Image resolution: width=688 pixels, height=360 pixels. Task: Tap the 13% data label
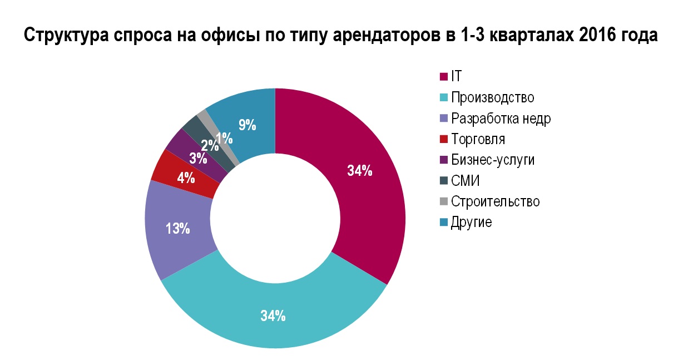click(x=179, y=228)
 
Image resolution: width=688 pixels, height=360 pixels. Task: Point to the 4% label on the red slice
click(x=186, y=179)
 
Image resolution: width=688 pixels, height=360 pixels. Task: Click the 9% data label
click(x=247, y=125)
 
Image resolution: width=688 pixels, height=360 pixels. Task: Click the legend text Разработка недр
click(x=501, y=119)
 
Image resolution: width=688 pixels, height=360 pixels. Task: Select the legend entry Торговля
click(x=478, y=139)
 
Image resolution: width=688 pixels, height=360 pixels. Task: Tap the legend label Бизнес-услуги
click(x=493, y=160)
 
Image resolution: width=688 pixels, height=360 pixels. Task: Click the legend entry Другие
click(x=472, y=222)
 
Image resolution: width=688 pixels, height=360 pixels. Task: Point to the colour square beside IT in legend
click(x=444, y=77)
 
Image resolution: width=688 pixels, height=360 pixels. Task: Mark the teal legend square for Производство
click(x=444, y=98)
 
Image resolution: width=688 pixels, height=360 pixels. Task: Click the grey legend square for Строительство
click(x=444, y=201)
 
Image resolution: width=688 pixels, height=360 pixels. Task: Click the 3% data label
click(x=198, y=158)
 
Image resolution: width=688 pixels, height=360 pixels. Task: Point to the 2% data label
click(x=210, y=146)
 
